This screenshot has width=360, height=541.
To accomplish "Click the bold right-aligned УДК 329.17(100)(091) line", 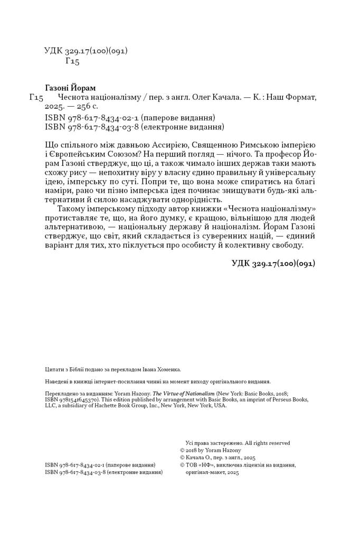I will [273, 263].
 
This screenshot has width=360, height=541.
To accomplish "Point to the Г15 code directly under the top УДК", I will [72, 62].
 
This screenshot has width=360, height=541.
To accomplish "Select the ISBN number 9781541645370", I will [73, 400].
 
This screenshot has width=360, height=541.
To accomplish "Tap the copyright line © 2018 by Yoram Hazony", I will [211, 450].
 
